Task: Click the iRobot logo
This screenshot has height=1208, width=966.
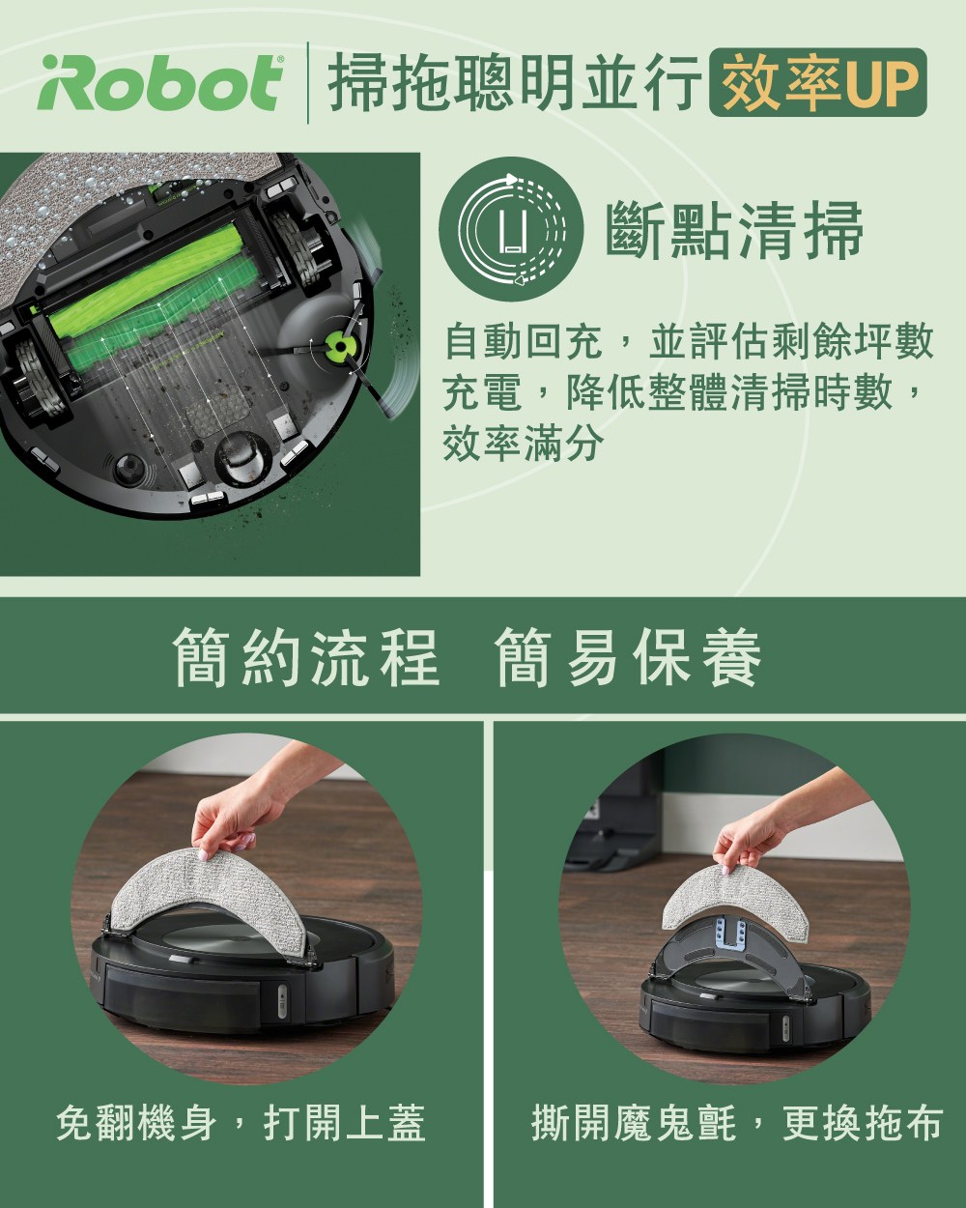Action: pyautogui.click(x=160, y=82)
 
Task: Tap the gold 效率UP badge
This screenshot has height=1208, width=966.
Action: pyautogui.click(x=818, y=82)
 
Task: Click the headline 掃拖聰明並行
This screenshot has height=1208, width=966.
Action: pyautogui.click(x=514, y=82)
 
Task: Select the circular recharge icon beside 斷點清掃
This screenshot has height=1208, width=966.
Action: pyautogui.click(x=511, y=229)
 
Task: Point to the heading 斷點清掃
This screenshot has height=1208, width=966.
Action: pyautogui.click(x=734, y=230)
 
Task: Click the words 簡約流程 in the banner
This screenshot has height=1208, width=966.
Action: pyautogui.click(x=306, y=657)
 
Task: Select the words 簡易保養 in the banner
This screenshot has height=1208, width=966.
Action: pyautogui.click(x=629, y=657)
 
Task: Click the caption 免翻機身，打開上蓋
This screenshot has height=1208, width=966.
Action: pyautogui.click(x=241, y=1123)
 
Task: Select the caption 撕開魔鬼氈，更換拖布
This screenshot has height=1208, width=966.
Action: pyautogui.click(x=736, y=1123)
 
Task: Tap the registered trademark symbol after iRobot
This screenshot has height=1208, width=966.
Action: pyautogui.click(x=280, y=59)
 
